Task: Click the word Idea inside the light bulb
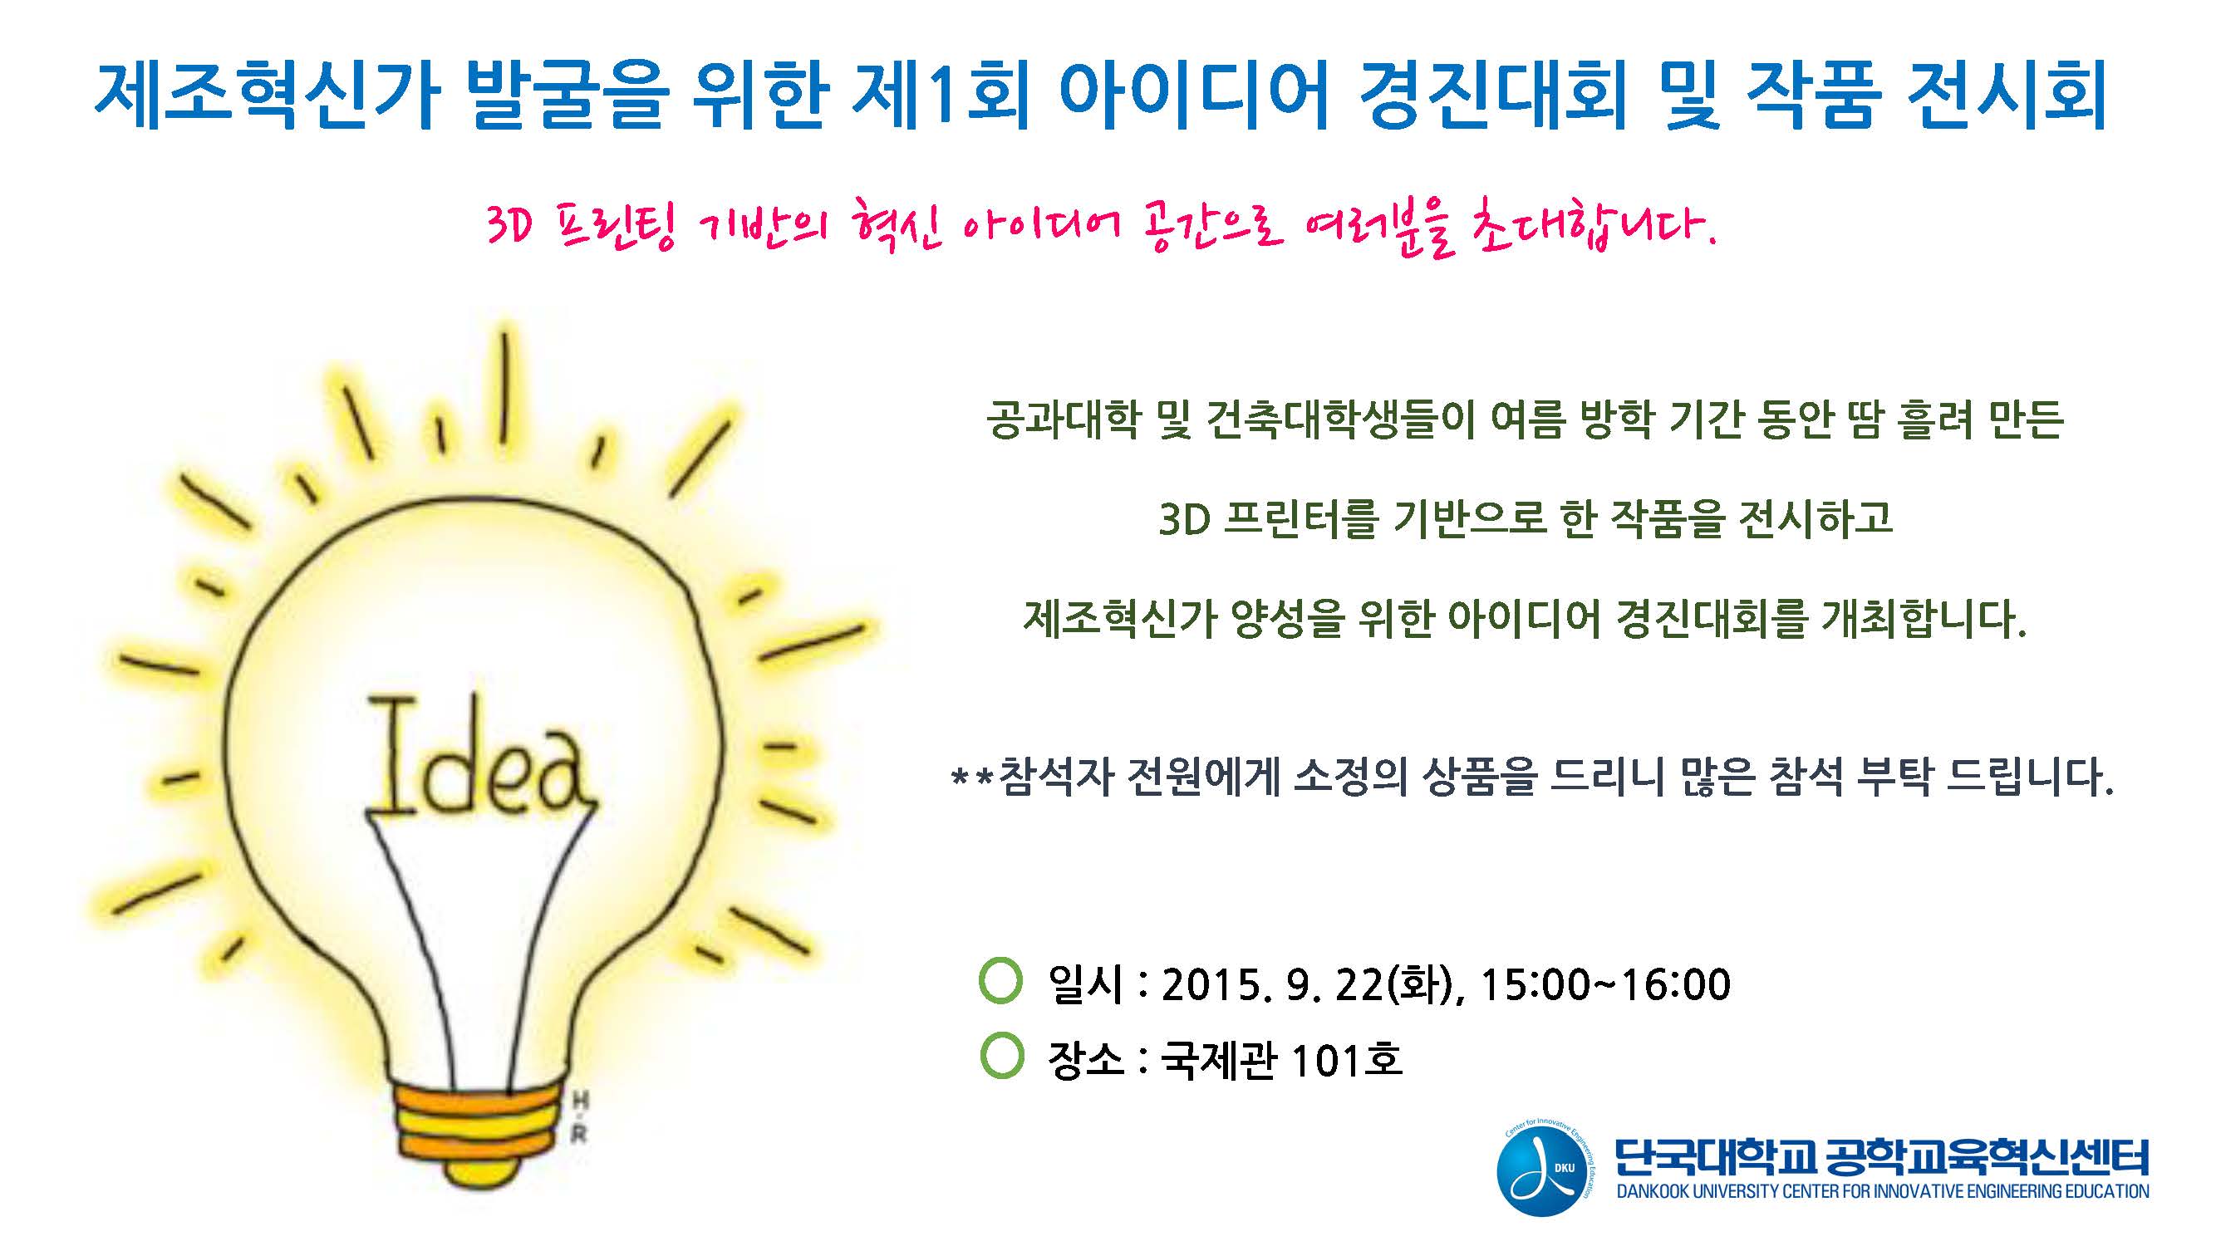click(479, 760)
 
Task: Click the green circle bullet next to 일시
click(1000, 981)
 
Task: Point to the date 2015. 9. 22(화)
click(1313, 984)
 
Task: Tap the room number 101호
click(1346, 1059)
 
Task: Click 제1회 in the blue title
click(941, 95)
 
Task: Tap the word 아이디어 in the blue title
click(1195, 95)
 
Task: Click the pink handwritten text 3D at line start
click(510, 227)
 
